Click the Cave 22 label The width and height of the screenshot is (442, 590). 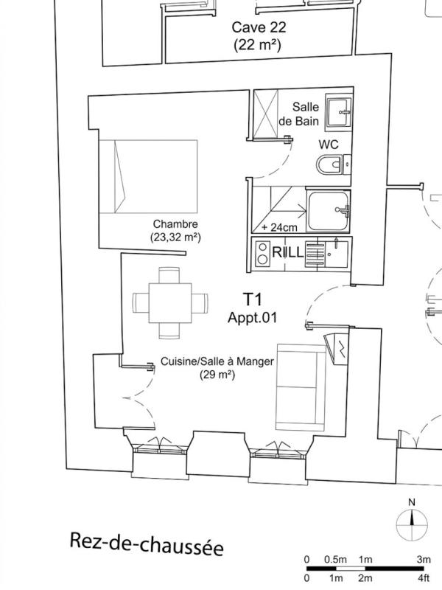(x=259, y=27)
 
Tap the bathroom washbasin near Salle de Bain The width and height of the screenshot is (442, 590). (x=339, y=112)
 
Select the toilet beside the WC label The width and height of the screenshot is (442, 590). (x=334, y=164)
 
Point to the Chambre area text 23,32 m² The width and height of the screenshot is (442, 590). (x=175, y=237)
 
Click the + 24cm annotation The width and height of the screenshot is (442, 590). (x=279, y=227)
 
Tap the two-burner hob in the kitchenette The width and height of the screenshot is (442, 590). (x=263, y=253)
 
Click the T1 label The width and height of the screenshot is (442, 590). (x=252, y=299)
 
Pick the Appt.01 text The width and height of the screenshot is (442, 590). (x=252, y=318)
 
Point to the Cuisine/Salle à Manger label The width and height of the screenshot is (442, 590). (x=217, y=361)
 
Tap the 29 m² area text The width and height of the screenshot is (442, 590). (x=217, y=375)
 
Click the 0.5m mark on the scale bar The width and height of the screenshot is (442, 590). (x=335, y=560)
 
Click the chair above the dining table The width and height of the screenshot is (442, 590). (x=169, y=275)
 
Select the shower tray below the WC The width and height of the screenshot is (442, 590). (x=329, y=211)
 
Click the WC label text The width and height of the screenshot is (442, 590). (x=328, y=145)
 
